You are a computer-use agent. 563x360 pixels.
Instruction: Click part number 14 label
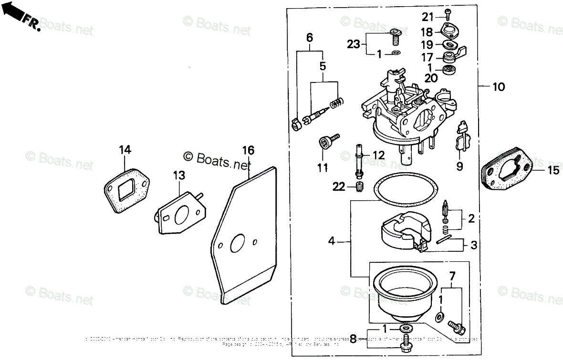[x=125, y=150]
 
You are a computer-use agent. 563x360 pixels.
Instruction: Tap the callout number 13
[x=179, y=176]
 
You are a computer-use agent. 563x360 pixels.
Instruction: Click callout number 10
[x=498, y=87]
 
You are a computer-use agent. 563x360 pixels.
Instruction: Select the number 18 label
[x=427, y=32]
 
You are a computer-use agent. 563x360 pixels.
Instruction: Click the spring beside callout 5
[x=337, y=102]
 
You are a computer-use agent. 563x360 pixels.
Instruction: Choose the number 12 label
[x=378, y=155]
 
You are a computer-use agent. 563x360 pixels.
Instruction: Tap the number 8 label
[x=354, y=339]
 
